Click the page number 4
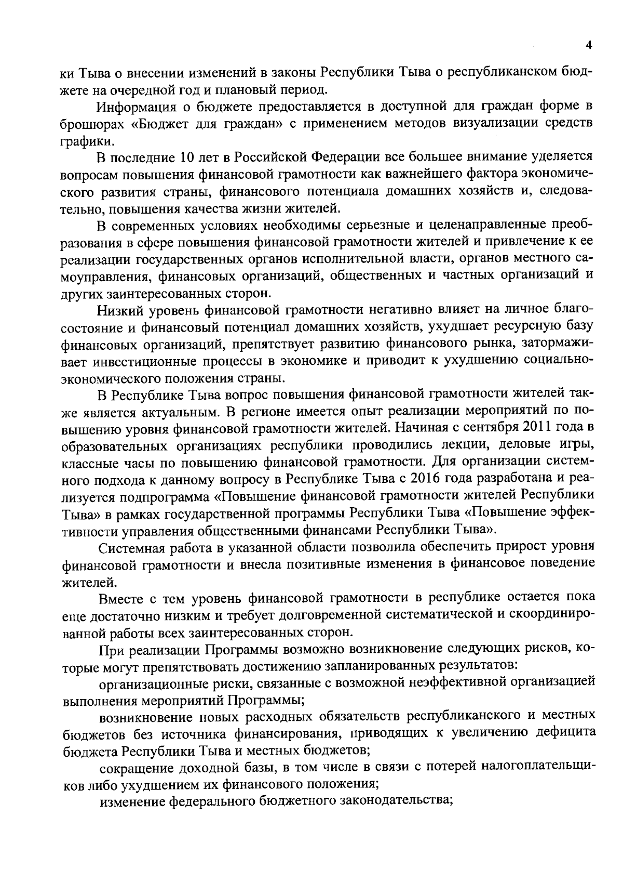pyautogui.click(x=589, y=45)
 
